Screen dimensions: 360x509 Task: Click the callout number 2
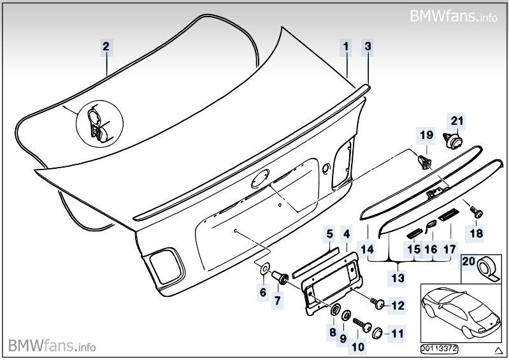click(x=106, y=46)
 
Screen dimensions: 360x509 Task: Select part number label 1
click(x=346, y=46)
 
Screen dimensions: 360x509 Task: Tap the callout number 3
click(x=368, y=46)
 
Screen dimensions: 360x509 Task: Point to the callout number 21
click(x=455, y=120)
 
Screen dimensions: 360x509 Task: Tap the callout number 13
click(x=398, y=278)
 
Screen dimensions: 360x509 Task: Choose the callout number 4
click(x=345, y=234)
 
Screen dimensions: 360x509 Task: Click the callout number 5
click(x=329, y=234)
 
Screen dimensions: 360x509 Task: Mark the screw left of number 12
click(x=380, y=303)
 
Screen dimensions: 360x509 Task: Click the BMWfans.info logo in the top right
click(x=453, y=15)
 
